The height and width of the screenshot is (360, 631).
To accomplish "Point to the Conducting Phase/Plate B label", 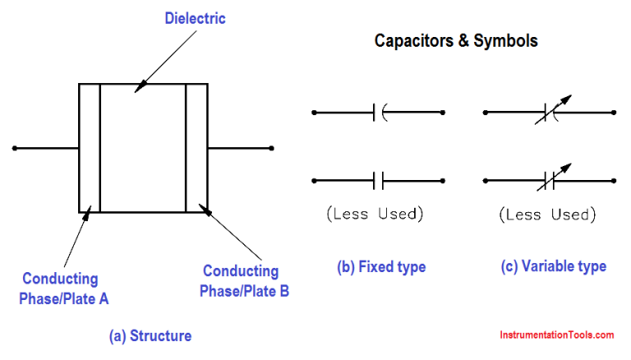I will (x=246, y=280).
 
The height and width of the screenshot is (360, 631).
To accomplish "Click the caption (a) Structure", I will (x=150, y=335).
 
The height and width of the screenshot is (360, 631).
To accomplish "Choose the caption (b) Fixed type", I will (x=381, y=266).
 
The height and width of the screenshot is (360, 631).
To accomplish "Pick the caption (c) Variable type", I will (x=554, y=266).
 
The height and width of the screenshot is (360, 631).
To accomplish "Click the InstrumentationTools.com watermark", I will (x=557, y=335).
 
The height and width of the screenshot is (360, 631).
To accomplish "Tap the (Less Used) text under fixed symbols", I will (x=375, y=215).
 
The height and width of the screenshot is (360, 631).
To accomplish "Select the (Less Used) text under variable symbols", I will (x=546, y=215).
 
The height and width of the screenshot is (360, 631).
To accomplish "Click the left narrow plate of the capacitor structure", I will (x=89, y=148).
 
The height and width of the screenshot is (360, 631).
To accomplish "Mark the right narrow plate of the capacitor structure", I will (x=196, y=148).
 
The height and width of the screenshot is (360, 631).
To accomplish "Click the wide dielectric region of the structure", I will (x=142, y=148).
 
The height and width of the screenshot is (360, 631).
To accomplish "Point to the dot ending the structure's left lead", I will (x=14, y=148).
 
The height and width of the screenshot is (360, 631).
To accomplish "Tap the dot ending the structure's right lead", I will (x=271, y=148).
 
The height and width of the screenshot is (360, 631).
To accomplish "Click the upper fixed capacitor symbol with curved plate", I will (x=378, y=112).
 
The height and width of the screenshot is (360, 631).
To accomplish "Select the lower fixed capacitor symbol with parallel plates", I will (x=378, y=180).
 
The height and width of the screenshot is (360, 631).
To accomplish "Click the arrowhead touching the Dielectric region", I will (x=138, y=85).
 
